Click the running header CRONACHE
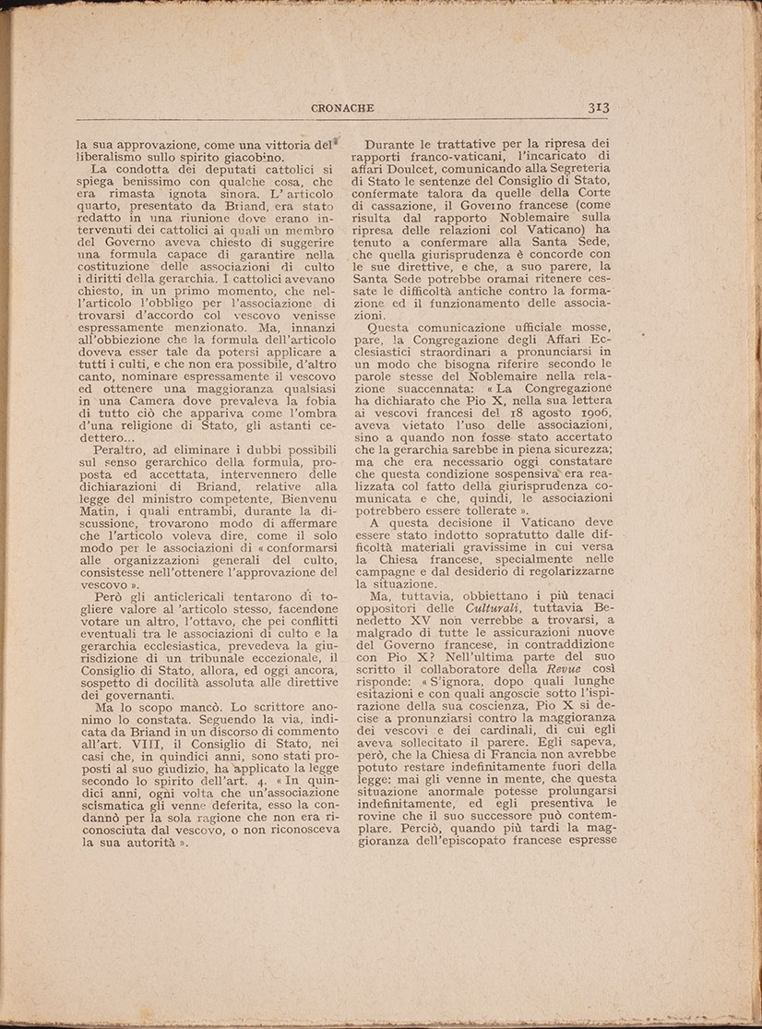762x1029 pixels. tap(341, 108)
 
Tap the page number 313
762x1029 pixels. tap(600, 107)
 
